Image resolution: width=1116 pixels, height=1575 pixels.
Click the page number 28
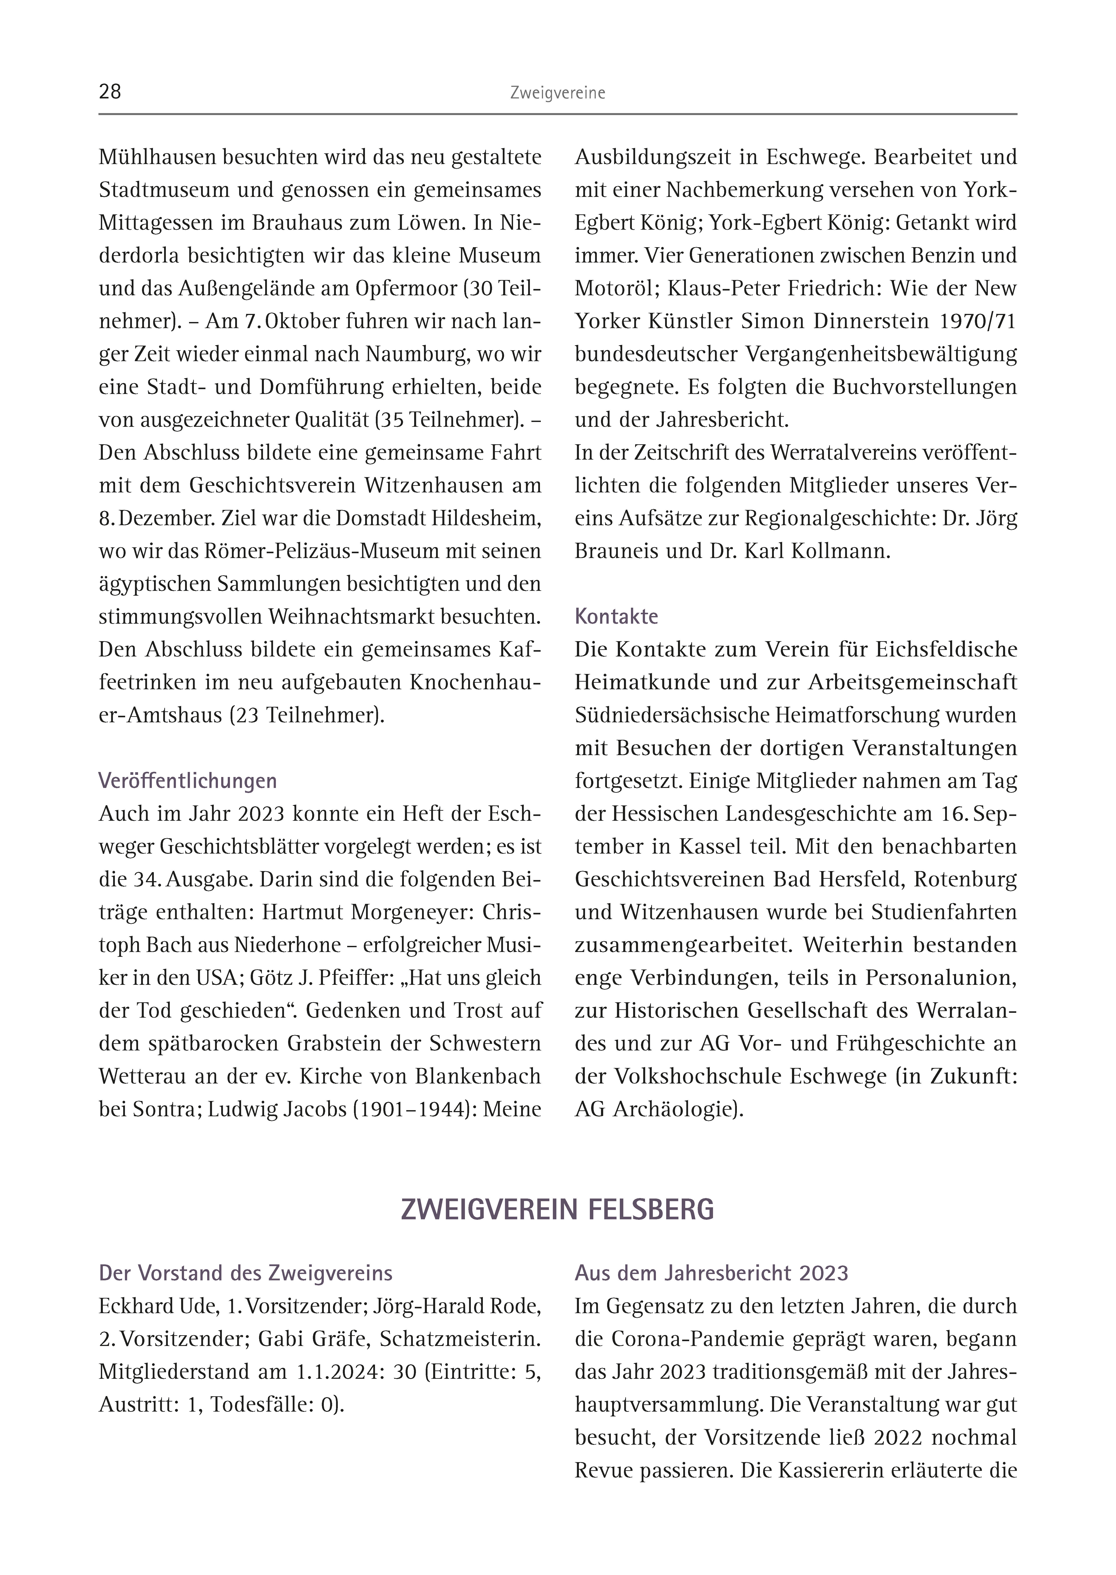[110, 92]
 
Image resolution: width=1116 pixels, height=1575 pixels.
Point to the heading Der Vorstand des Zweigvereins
[245, 1273]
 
